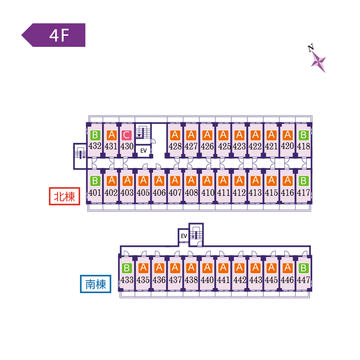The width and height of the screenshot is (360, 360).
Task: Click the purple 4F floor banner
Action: tap(54, 35)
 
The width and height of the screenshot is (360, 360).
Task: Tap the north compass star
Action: tap(318, 60)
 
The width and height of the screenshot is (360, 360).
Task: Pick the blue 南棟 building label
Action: tap(96, 283)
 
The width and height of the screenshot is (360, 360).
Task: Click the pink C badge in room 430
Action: tap(126, 135)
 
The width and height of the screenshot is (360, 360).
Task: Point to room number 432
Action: tap(95, 146)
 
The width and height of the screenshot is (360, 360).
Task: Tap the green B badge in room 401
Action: tap(95, 180)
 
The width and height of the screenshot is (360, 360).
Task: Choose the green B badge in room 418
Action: tap(303, 135)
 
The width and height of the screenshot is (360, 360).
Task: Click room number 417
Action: tap(303, 192)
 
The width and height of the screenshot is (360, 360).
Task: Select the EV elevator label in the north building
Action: tap(143, 151)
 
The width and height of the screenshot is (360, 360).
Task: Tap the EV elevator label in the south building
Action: tap(184, 236)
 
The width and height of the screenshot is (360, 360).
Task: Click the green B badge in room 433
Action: tap(127, 268)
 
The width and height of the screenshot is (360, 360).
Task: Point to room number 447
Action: tap(303, 280)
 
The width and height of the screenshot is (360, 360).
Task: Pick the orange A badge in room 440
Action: tap(207, 268)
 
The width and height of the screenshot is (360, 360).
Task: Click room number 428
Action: tap(175, 146)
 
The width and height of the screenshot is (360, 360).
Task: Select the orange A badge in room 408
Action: tap(191, 180)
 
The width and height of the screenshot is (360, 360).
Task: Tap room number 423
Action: tap(239, 146)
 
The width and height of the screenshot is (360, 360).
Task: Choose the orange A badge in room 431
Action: tap(111, 135)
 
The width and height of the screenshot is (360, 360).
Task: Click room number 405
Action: tap(143, 192)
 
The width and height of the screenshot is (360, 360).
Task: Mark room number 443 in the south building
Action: tap(255, 280)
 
